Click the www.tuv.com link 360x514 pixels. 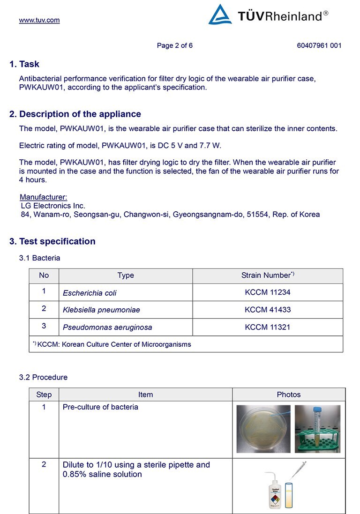tap(39, 20)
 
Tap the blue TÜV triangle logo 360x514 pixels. tap(220, 15)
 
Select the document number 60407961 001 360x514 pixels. tap(319, 45)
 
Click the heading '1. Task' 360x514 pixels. tap(24, 64)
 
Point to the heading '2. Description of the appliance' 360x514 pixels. tap(75, 114)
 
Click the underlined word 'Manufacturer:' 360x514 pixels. tap(44, 197)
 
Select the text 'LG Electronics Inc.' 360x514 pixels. tap(53, 206)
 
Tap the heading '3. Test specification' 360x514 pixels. tap(52, 241)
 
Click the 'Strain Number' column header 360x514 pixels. tap(268, 276)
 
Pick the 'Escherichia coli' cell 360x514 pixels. tap(90, 293)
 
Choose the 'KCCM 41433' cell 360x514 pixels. tap(268, 310)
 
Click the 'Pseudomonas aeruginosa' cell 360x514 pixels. tap(107, 327)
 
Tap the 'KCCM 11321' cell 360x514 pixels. tap(268, 327)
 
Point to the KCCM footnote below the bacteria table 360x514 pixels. tap(112, 344)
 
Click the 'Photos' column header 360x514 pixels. tap(289, 395)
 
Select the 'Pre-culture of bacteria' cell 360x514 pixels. tap(100, 407)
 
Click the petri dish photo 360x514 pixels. tap(263, 429)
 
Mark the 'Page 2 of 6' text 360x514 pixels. tap(175, 45)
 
